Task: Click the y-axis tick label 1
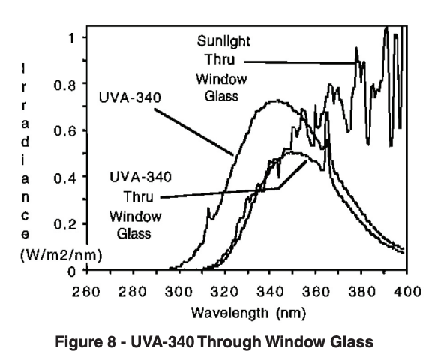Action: [x=72, y=36]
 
